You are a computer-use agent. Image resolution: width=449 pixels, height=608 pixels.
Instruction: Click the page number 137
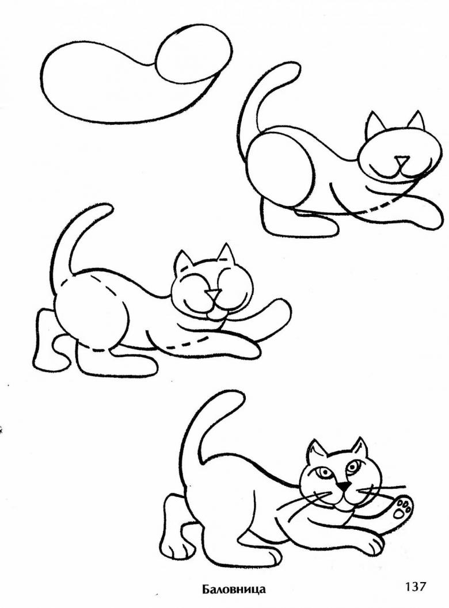pos(415,586)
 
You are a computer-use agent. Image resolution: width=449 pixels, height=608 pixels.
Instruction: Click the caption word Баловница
pos(234,590)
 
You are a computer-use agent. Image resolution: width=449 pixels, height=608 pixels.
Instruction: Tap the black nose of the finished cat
pos(342,485)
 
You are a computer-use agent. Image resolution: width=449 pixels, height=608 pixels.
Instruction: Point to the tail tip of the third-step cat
pos(106,208)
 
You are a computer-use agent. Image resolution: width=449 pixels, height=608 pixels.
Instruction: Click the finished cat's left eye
pos(322,472)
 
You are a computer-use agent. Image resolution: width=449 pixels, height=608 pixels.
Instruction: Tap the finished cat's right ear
pos(360,449)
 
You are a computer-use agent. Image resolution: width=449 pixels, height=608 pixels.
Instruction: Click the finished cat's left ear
pos(315,452)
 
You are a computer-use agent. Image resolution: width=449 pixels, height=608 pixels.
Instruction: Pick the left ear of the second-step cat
pos(374,124)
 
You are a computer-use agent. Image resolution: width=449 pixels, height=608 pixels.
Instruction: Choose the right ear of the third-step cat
pos(226,254)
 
